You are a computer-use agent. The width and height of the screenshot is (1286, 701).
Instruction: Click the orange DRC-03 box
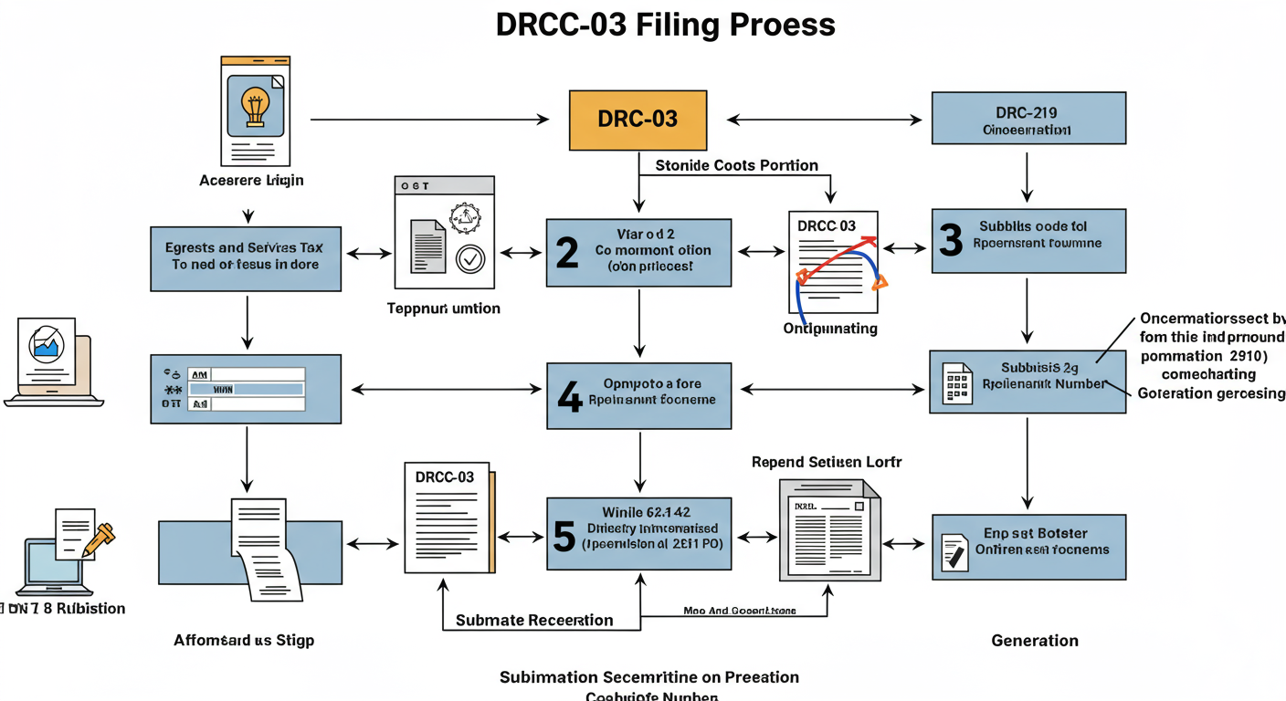638,120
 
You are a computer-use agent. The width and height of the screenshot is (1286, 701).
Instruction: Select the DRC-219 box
1028,119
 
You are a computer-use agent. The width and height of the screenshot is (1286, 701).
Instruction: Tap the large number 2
566,253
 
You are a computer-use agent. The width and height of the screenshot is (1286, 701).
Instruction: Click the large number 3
951,240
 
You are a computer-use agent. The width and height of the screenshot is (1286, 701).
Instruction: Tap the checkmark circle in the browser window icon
470,259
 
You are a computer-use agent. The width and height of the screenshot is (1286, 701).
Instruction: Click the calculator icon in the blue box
956,384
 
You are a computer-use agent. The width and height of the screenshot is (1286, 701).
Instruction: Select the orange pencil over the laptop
99,539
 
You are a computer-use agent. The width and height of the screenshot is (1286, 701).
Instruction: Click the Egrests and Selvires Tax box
245,256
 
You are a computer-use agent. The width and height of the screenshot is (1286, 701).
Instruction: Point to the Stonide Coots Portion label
736,165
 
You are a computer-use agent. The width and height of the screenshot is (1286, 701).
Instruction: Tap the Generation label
1034,641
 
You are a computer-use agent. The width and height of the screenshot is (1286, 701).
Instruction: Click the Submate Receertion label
534,620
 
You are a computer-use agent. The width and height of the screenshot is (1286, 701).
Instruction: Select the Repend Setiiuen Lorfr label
826,462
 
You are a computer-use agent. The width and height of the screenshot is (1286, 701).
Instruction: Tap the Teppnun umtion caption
443,309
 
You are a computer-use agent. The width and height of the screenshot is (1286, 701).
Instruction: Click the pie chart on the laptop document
45,345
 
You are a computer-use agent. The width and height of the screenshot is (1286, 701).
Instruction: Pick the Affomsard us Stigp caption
244,641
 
